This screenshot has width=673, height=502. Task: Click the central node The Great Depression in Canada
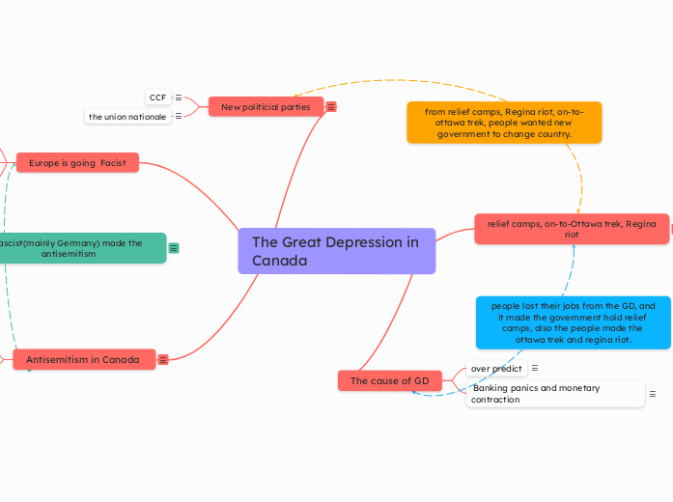pyautogui.click(x=336, y=251)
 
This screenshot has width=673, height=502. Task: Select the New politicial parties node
pyautogui.click(x=266, y=107)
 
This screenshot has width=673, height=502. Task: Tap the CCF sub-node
pyautogui.click(x=157, y=98)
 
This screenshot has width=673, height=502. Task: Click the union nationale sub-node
pyautogui.click(x=127, y=117)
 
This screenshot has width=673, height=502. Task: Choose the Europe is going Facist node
pyautogui.click(x=77, y=163)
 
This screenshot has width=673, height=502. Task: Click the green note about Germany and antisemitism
pyautogui.click(x=81, y=248)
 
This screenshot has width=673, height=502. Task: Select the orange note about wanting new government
pyautogui.click(x=503, y=123)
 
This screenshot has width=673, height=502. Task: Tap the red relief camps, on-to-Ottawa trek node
pyautogui.click(x=572, y=229)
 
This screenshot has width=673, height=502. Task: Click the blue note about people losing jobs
pyautogui.click(x=573, y=322)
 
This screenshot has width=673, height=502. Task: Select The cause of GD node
pyautogui.click(x=389, y=381)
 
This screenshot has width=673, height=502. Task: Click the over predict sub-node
pyautogui.click(x=496, y=368)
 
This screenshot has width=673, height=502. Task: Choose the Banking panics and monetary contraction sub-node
pyautogui.click(x=554, y=394)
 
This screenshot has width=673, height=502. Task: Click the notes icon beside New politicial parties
pyautogui.click(x=331, y=107)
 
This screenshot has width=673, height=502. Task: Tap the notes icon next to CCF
pyautogui.click(x=179, y=98)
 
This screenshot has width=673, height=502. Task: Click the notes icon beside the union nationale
pyautogui.click(x=178, y=117)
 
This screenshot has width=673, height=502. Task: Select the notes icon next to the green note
pyautogui.click(x=174, y=248)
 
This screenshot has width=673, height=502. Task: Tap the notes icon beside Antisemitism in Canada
pyautogui.click(x=163, y=360)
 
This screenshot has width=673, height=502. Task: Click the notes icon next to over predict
pyautogui.click(x=535, y=368)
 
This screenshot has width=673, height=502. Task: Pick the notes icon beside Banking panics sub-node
pyautogui.click(x=653, y=394)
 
